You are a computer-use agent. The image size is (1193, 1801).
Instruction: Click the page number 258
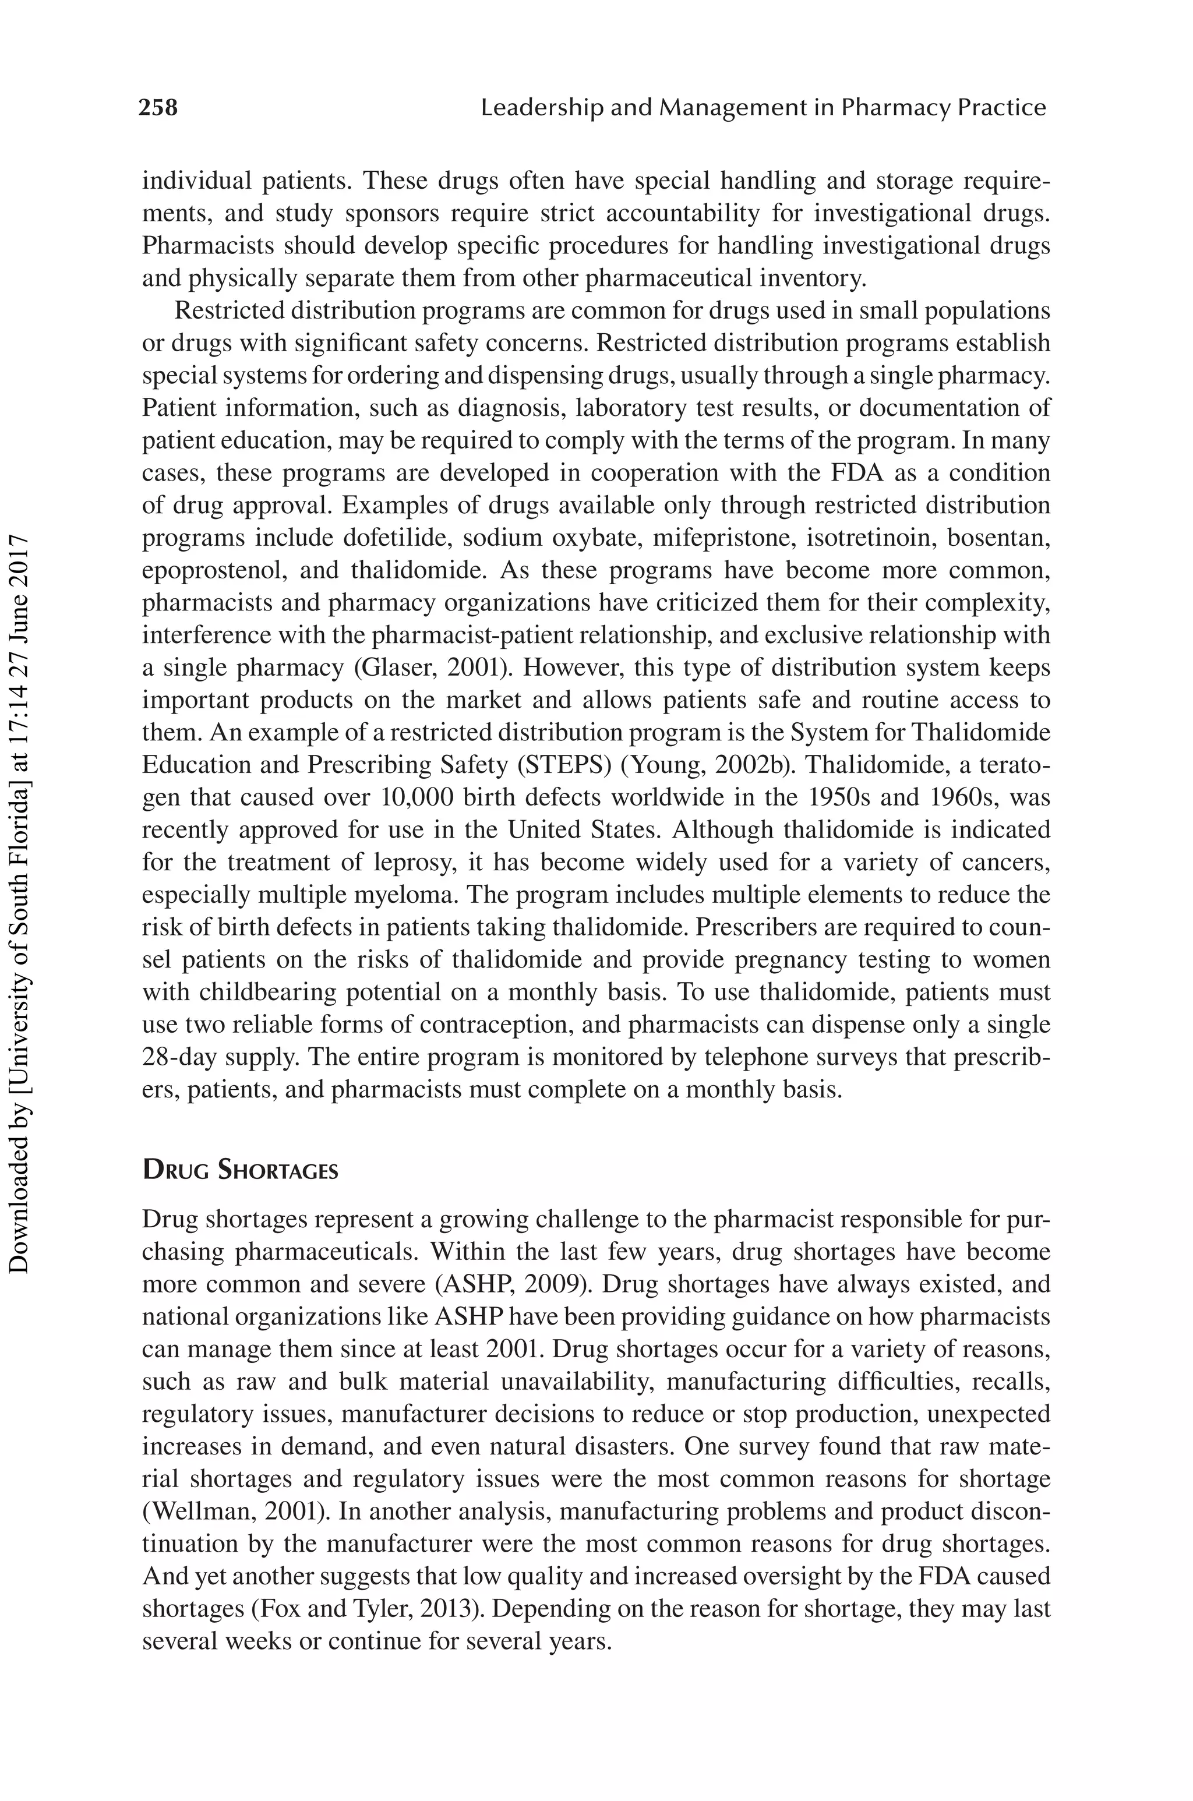coord(158,108)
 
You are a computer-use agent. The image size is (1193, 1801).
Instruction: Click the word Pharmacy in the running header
coord(895,108)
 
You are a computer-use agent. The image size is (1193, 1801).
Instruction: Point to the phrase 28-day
coord(181,1057)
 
